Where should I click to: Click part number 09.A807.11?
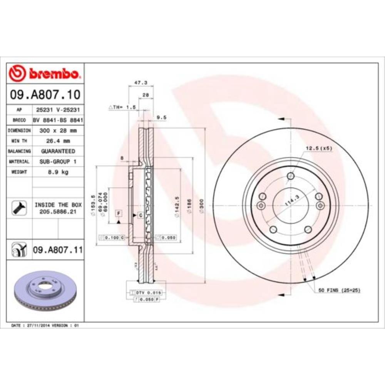click(58, 250)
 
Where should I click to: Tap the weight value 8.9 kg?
click(58, 172)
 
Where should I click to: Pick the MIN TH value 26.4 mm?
click(58, 141)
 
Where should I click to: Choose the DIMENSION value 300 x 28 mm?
click(58, 131)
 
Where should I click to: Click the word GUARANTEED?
click(58, 151)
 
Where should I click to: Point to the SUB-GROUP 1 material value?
click(58, 162)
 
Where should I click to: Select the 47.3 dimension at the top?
click(138, 82)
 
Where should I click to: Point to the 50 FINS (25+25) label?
click(339, 290)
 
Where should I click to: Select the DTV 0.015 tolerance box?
click(146, 293)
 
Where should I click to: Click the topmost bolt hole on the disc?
click(291, 176)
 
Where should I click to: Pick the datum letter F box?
click(118, 213)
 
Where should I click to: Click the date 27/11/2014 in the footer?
click(37, 326)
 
